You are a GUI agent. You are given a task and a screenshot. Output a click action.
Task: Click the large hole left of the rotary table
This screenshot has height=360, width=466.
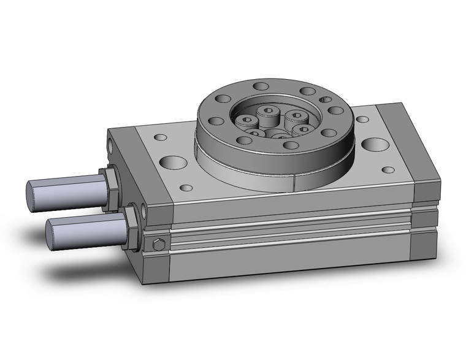[173, 164]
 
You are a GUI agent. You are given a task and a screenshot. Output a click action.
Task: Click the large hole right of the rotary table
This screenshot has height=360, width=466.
[372, 145]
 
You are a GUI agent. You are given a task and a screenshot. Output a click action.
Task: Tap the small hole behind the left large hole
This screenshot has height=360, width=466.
[161, 138]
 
